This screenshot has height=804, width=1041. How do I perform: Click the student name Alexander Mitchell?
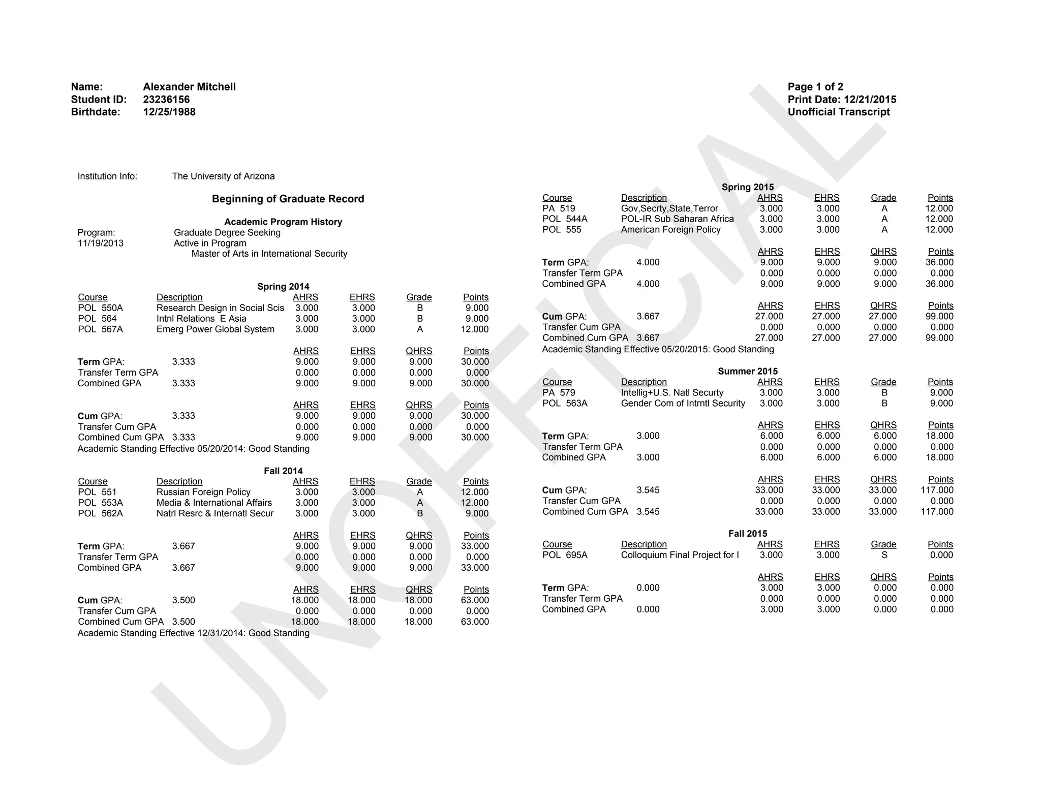click(189, 87)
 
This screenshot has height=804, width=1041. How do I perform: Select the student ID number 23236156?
click(166, 100)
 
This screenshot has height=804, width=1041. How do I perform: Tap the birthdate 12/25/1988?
click(169, 112)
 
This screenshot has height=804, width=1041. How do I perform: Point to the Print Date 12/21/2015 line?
click(842, 100)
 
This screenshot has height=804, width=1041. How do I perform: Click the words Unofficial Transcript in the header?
click(839, 112)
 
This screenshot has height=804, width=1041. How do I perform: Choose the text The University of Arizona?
click(223, 176)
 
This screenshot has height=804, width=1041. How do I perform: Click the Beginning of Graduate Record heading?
click(288, 199)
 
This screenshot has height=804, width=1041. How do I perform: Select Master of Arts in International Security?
click(269, 254)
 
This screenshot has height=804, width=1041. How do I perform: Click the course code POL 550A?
click(100, 308)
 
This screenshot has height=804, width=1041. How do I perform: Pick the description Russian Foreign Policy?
click(203, 492)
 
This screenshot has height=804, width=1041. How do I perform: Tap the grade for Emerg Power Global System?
click(420, 329)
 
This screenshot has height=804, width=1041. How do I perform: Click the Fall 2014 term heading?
click(283, 471)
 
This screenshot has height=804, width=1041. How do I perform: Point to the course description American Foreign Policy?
click(670, 230)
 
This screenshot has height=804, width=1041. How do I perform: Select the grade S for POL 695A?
click(884, 555)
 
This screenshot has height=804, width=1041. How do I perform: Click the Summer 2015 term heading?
click(748, 372)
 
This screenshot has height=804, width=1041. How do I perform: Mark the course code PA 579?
click(559, 393)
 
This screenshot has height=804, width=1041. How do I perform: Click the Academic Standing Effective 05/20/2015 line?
click(658, 349)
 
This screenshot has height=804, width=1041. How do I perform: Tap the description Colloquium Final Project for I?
click(680, 555)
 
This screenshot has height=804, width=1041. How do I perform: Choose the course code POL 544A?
click(565, 219)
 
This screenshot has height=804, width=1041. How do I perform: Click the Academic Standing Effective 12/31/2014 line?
click(193, 633)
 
